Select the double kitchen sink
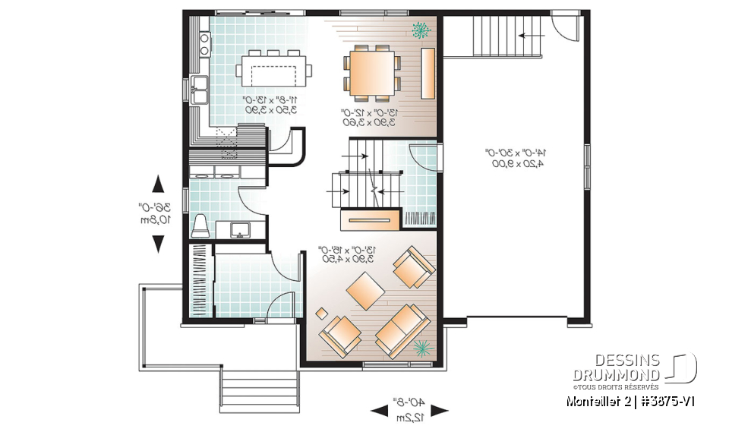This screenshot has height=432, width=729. coord(200,90)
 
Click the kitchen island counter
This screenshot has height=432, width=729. coord(273,70)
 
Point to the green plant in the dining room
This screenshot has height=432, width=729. coord(420,30)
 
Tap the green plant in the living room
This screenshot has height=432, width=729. coord(422,348)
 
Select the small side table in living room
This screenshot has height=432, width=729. coord(322,313)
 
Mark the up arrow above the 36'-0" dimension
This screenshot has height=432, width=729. coord(158,184)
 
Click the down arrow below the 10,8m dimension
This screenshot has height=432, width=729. coord(158,244)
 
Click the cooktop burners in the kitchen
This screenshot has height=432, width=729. coord(205,43)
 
